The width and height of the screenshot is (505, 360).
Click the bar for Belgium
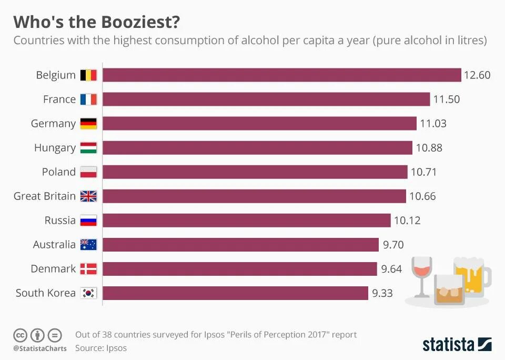(x=281, y=75)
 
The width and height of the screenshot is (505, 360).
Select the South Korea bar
(x=235, y=293)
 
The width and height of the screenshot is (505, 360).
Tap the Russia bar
(x=246, y=221)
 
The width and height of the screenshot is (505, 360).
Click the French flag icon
(x=88, y=99)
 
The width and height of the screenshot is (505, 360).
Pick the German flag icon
(x=88, y=124)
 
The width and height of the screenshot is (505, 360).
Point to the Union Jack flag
(x=88, y=196)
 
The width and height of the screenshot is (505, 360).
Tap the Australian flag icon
(x=88, y=245)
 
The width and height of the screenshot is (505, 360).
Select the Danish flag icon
(x=88, y=269)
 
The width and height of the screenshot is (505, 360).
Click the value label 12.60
(x=477, y=75)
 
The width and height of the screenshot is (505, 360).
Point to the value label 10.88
(x=429, y=148)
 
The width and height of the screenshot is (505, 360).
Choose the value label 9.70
(x=393, y=245)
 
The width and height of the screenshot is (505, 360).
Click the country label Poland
(x=59, y=172)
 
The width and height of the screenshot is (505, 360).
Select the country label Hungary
(x=55, y=148)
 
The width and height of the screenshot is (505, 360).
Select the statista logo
(x=457, y=345)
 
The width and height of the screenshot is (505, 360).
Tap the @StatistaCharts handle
(x=40, y=348)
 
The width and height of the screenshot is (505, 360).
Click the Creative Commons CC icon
(x=20, y=335)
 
